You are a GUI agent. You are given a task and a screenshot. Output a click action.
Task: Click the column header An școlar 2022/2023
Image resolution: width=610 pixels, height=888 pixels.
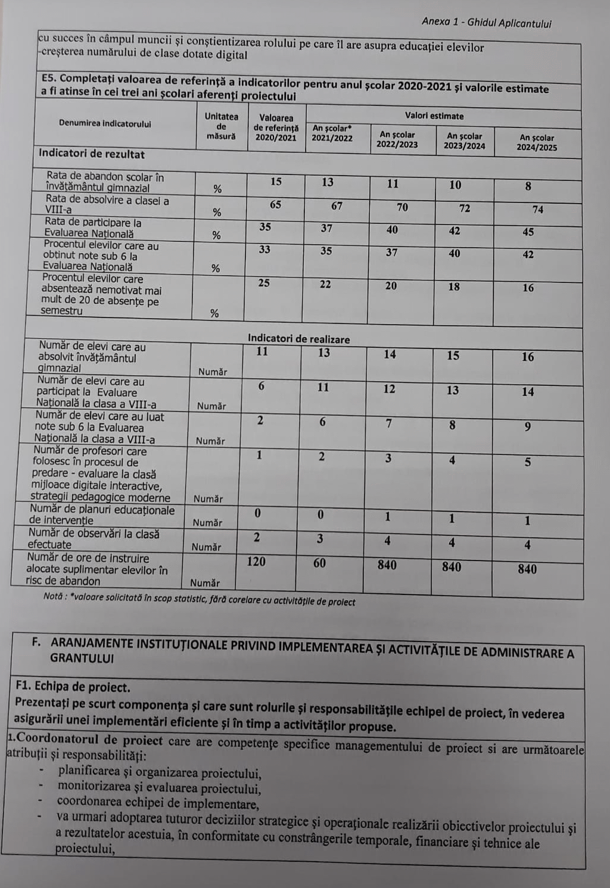(397, 139)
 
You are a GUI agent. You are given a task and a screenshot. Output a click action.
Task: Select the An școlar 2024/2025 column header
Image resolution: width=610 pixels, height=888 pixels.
(537, 142)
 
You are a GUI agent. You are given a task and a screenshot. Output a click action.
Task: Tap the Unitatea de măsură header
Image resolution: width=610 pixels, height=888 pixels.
(222, 126)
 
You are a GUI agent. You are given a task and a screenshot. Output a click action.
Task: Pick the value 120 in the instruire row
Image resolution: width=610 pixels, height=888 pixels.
(256, 562)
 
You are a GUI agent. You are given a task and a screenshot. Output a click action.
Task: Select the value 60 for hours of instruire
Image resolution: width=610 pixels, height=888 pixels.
(320, 563)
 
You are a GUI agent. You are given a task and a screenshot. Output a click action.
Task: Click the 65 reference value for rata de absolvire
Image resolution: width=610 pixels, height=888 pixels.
(275, 205)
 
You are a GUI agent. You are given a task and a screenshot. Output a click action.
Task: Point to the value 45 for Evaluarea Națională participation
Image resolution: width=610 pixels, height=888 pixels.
(528, 232)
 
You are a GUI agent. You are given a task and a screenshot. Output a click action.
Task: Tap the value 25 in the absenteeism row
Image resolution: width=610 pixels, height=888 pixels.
(264, 283)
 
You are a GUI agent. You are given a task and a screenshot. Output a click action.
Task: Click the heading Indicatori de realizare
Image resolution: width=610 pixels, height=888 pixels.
(299, 339)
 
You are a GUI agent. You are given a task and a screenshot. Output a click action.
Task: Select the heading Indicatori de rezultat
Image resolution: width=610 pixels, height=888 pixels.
(92, 154)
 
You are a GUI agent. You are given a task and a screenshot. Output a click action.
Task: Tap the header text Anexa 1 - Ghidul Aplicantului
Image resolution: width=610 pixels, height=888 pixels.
(486, 23)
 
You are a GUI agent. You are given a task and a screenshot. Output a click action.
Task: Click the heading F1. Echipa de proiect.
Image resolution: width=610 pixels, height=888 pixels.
(73, 687)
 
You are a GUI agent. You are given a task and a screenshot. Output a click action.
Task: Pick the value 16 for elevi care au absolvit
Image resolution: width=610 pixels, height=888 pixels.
(528, 357)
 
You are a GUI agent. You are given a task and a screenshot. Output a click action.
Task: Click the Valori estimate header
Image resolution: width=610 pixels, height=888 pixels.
(434, 116)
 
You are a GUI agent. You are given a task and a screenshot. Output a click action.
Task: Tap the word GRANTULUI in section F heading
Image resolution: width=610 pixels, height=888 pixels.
(82, 659)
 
